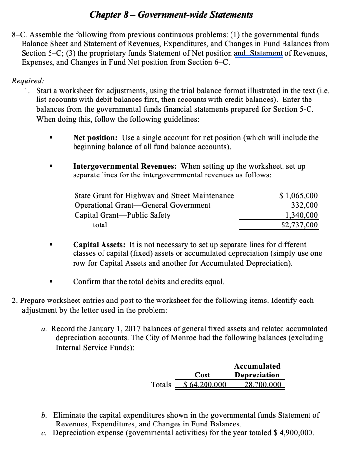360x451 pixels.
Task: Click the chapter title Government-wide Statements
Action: (171, 15)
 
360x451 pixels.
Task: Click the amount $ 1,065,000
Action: (298, 196)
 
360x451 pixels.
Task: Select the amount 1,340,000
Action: (301, 215)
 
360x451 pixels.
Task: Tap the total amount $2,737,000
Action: (299, 225)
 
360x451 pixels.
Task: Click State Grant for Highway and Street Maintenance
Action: (154, 196)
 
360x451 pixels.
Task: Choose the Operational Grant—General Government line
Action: (142, 205)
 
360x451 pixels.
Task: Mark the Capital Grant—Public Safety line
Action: (122, 215)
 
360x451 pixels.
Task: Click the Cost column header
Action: (202, 375)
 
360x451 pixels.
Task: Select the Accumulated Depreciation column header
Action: (257, 371)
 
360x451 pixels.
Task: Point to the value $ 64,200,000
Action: (204, 384)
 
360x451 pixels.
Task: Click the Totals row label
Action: (161, 384)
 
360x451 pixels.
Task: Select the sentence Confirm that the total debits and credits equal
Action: (149, 282)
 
